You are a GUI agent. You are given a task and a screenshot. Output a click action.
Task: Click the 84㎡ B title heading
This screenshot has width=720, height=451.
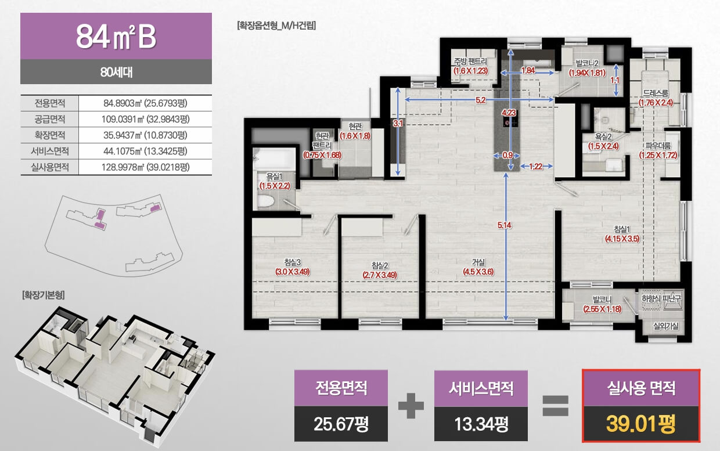pos(116,37)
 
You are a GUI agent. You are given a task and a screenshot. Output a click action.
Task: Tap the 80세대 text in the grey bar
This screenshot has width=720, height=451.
pos(116,72)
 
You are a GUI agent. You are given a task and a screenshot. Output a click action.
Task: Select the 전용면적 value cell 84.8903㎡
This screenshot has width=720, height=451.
pos(145,103)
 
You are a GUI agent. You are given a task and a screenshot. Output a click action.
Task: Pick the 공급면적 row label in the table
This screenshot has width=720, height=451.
pos(50,119)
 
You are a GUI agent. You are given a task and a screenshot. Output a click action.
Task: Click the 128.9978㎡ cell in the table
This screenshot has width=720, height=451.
pos(145,167)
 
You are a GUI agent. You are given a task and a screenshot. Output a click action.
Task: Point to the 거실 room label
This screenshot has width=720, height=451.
pos(478,262)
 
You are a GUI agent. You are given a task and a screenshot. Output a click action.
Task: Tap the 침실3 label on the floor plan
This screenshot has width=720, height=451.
pos(293,262)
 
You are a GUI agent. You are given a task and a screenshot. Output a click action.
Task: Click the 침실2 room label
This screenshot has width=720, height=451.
pos(380,266)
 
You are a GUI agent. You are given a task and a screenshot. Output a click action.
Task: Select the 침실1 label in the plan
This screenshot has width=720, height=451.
pos(622,229)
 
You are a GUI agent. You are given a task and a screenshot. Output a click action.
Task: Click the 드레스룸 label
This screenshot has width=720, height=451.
pos(656,93)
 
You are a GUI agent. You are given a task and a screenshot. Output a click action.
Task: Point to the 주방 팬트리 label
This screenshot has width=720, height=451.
pos(470,62)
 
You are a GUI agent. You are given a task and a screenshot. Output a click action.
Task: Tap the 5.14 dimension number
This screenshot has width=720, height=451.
pos(505,225)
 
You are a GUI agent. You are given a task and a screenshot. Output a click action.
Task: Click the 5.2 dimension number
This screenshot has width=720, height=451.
pos(481,100)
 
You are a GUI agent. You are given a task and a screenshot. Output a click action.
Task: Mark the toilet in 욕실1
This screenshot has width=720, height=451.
pos(266,201)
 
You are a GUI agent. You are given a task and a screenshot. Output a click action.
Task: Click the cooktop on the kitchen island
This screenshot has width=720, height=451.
pos(510,122)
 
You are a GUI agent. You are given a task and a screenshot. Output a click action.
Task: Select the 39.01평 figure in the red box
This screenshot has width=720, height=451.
pos(640,424)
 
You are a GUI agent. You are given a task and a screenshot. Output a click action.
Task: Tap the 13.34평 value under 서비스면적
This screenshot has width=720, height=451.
pos(481,424)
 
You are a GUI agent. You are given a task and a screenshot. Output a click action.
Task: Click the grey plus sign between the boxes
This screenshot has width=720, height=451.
pos(411,405)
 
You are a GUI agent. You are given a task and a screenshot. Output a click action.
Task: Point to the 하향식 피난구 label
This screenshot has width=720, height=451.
pos(661,299)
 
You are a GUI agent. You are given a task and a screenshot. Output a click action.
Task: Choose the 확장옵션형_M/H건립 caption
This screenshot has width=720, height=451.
pos(276,26)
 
